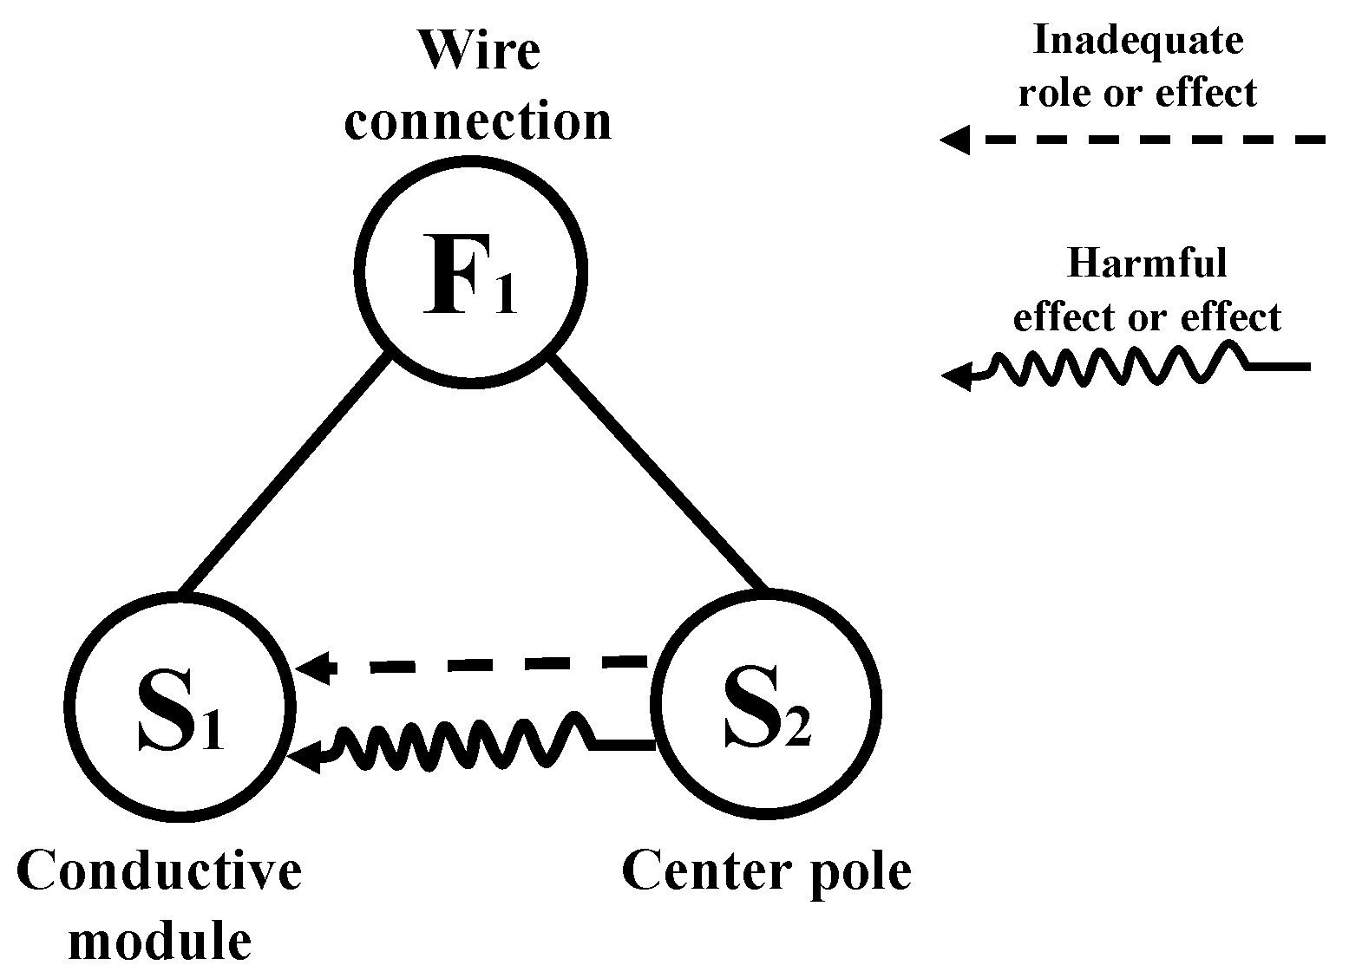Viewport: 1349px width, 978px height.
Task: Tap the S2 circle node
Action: [x=767, y=703]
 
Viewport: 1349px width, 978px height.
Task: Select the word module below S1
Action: [x=160, y=940]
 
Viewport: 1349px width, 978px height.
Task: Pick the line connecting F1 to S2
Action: [x=659, y=473]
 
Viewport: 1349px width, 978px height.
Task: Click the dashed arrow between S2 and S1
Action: [x=486, y=665]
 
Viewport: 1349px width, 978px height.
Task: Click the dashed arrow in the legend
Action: [x=1145, y=139]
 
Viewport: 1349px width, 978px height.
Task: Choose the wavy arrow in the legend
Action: [x=1128, y=368]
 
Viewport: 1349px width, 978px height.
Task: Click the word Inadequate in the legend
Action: [x=1138, y=40]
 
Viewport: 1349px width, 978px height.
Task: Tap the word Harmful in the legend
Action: [x=1147, y=262]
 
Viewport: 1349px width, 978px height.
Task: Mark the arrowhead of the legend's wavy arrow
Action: [x=956, y=376]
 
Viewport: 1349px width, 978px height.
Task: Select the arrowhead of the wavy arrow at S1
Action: [x=305, y=756]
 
